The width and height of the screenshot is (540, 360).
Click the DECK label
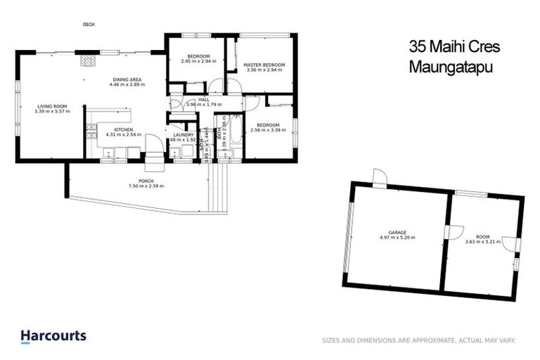coord(89,25)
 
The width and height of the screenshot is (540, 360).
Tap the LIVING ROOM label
coord(53,106)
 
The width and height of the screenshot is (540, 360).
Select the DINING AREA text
coord(126,79)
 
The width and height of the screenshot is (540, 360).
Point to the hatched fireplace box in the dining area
coord(87,61)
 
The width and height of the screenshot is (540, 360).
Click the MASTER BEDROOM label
coord(262,65)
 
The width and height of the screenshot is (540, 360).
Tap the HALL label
coord(204,100)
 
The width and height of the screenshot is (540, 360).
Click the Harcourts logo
coord(53,336)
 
